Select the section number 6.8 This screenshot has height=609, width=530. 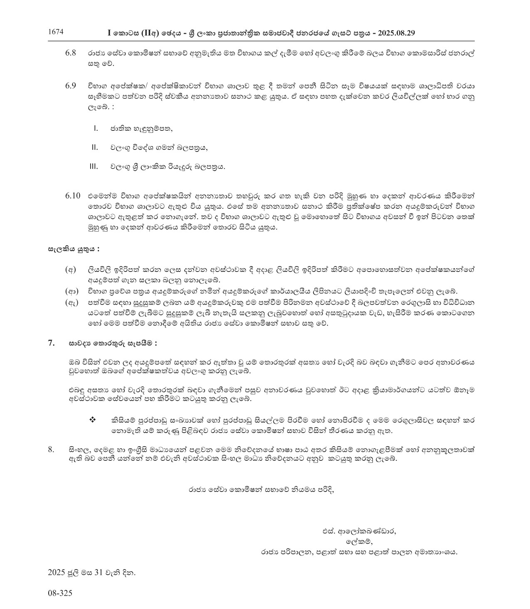pyautogui.click(x=71, y=54)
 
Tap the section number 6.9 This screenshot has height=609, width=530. pyautogui.click(x=71, y=86)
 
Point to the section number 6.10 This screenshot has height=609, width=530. pyautogui.click(x=72, y=195)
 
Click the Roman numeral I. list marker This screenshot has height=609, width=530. pyautogui.click(x=96, y=128)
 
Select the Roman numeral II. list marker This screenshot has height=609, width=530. pyautogui.click(x=95, y=147)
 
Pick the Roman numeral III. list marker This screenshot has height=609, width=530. pyautogui.click(x=94, y=167)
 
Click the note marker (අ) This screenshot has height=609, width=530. pyautogui.click(x=71, y=270)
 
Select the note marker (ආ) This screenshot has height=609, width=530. pyautogui.click(x=71, y=291)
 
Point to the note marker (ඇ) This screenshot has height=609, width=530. pyautogui.click(x=71, y=302)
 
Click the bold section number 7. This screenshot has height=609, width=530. pyautogui.click(x=52, y=343)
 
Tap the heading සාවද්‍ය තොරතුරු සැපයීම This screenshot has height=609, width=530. pyautogui.click(x=113, y=343)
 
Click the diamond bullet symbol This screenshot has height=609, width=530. pyautogui.click(x=92, y=420)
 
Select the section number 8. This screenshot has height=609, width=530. pyautogui.click(x=52, y=449)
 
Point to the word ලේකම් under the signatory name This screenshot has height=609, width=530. pyautogui.click(x=357, y=542)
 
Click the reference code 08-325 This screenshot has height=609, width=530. pyautogui.click(x=60, y=593)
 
